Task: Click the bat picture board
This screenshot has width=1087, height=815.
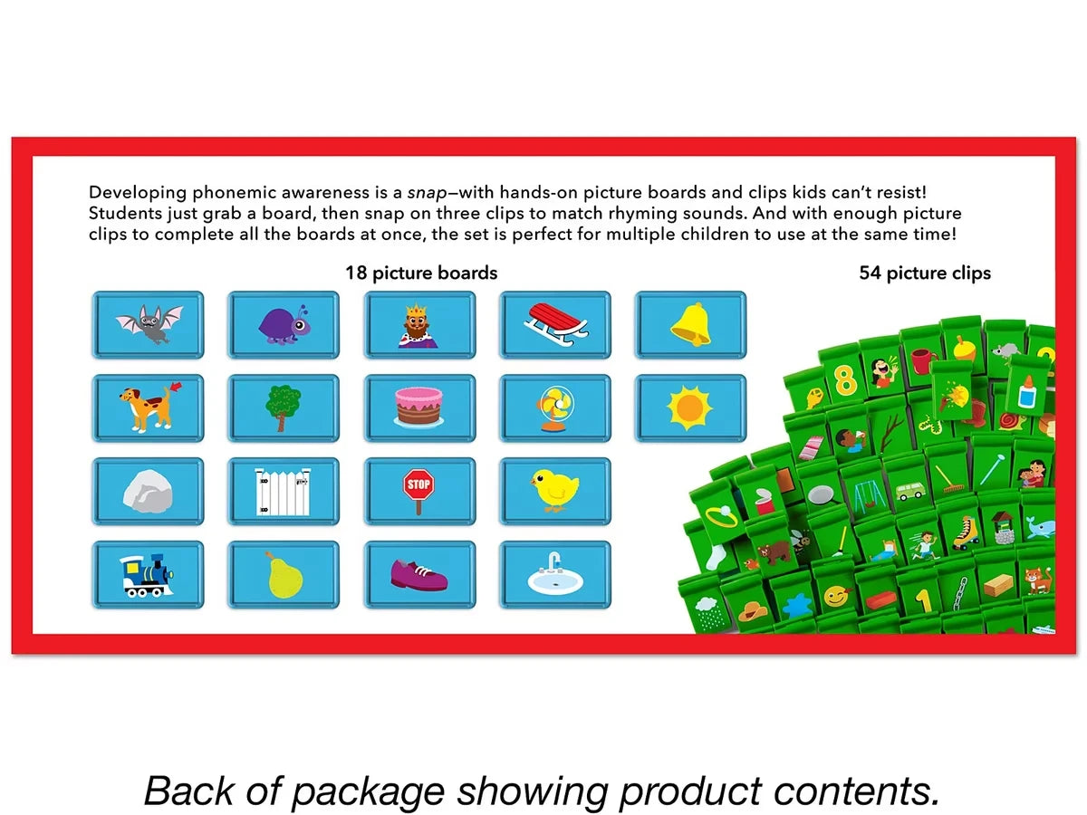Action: pos(148,324)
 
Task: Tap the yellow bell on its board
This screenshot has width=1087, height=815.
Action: pos(691,324)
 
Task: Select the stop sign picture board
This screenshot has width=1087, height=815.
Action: pos(419,492)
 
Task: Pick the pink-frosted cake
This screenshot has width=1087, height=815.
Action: pos(419,407)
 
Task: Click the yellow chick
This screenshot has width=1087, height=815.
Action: pos(554,490)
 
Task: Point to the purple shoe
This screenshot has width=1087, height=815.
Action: pos(419,575)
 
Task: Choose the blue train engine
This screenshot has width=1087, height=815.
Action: pos(147,575)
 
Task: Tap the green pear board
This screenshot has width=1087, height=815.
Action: pos(284,574)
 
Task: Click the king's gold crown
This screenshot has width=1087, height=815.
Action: pos(417,311)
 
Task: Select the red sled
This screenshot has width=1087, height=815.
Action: pos(555,324)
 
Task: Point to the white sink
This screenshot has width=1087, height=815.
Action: pos(555,576)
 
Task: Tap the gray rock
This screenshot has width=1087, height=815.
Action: pos(148,492)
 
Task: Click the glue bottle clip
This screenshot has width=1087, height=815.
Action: pos(1027,391)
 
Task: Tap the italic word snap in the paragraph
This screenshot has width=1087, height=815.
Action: pos(427,193)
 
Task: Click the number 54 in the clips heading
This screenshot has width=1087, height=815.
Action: pos(871,273)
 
